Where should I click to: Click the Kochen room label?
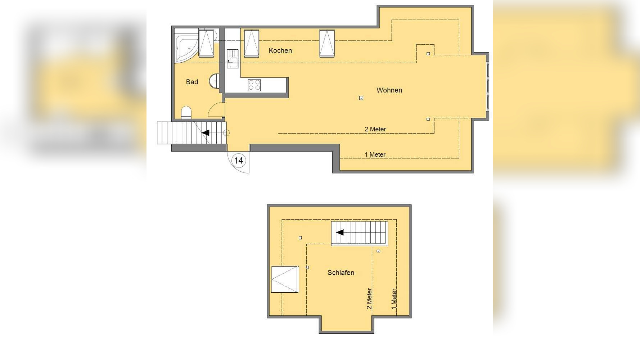tap(280, 50)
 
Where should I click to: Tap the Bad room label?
tap(192, 82)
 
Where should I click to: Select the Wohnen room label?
tap(389, 90)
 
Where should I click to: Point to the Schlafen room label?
tap(341, 273)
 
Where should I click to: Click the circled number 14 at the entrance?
tap(239, 161)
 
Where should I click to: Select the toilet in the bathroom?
tap(186, 112)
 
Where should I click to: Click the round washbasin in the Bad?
tap(214, 81)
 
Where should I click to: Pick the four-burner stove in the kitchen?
tap(254, 85)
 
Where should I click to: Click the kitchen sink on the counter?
tap(233, 59)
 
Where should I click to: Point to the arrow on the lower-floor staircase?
tap(206, 133)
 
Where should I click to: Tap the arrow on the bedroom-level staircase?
tap(339, 233)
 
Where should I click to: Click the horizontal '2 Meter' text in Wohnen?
tap(375, 129)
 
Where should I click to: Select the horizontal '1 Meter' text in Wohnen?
tap(375, 154)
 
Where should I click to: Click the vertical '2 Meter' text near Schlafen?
tap(369, 298)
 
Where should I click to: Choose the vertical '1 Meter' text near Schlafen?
tap(394, 298)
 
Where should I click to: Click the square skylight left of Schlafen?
tap(285, 279)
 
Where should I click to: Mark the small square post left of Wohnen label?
tap(361, 98)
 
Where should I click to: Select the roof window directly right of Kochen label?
tap(327, 43)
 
